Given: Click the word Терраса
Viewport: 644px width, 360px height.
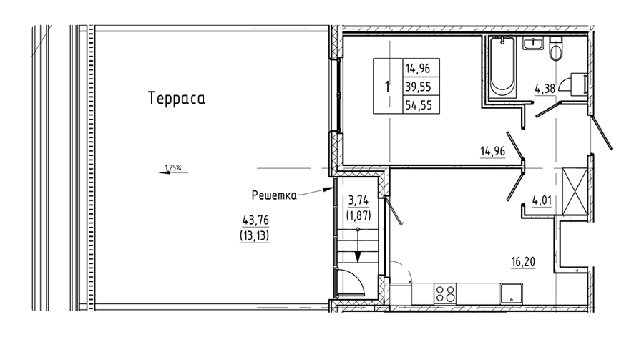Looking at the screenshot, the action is tap(177, 99).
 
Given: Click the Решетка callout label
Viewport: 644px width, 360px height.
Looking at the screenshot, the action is tap(274, 195).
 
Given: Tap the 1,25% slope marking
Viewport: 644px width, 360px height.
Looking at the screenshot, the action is tap(173, 167).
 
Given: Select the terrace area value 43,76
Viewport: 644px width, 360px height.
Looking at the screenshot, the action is tap(255, 220).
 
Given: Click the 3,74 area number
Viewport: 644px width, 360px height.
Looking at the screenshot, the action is tap(358, 200).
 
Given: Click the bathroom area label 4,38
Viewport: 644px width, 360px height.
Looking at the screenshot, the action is tap(545, 89).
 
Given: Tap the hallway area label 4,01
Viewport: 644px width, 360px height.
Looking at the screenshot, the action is tap(542, 201).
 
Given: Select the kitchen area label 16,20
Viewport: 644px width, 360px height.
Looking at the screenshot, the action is tap(523, 262).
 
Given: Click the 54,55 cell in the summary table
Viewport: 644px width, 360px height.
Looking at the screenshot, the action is tap(419, 105).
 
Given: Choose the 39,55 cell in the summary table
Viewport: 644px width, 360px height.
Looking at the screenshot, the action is tap(419, 87).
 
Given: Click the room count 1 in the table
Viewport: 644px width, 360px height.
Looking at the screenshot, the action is tap(386, 87).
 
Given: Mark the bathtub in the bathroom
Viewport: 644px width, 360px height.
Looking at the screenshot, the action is tap(502, 67).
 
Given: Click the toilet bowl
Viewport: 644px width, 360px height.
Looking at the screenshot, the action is tap(556, 49).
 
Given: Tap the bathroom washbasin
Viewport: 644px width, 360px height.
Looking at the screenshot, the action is tap(533, 43).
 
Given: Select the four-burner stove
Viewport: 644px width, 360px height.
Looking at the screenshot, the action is tap(445, 294).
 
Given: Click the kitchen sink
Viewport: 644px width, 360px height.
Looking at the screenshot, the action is tap(512, 294).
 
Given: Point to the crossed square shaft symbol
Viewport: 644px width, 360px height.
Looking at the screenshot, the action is tap(573, 191).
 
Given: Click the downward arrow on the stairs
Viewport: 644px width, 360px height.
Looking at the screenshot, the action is tap(358, 245).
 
